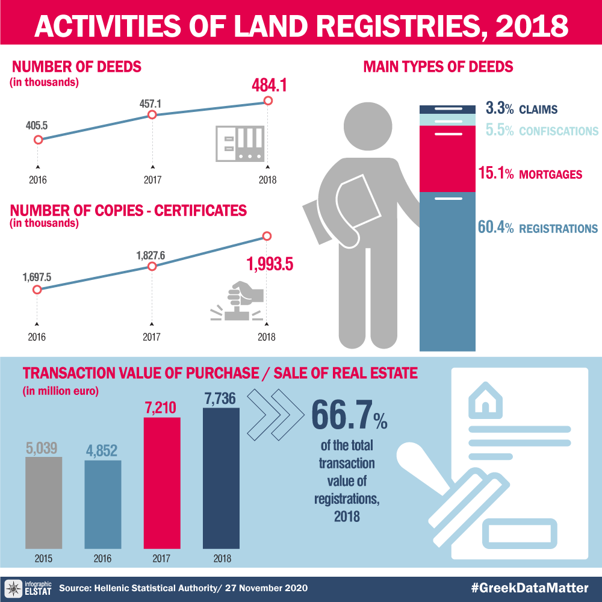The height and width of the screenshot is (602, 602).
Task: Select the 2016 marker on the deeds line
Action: coord(38,140)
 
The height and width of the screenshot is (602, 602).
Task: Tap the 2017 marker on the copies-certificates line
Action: coord(152,267)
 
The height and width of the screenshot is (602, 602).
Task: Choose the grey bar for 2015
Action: coord(43,503)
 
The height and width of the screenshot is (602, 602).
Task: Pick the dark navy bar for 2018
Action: coord(221,479)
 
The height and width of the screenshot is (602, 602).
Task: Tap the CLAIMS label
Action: coord(539,110)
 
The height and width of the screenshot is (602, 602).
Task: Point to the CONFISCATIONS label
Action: coord(559,131)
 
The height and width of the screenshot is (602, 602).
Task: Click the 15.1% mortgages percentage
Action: coord(495,175)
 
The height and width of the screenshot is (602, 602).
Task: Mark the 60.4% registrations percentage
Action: coord(495,228)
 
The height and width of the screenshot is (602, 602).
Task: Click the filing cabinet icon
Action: coord(240,143)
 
